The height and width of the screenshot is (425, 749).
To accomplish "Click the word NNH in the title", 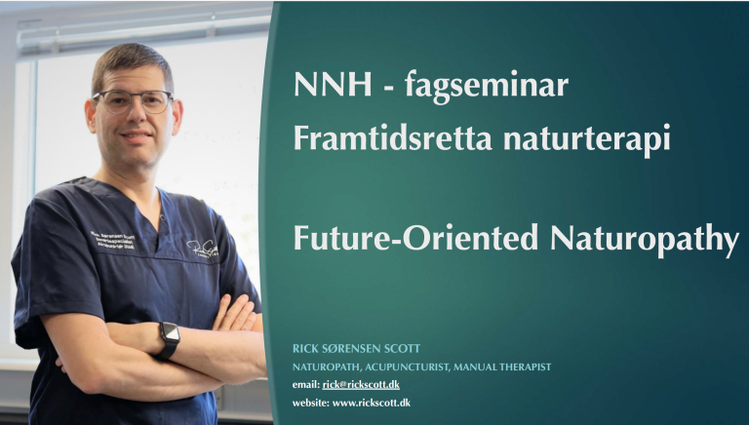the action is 333,85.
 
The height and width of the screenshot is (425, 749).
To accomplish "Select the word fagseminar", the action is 487,87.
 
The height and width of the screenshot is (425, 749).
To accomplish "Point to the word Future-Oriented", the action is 416,237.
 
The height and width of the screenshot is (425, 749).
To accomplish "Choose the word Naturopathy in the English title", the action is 645,240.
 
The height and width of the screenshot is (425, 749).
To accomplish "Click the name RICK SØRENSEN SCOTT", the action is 356,349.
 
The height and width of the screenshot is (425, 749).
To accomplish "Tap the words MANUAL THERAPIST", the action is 502,367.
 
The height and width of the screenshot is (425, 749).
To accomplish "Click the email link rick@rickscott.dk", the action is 361,385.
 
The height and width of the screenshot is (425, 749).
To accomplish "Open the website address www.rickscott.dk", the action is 372,403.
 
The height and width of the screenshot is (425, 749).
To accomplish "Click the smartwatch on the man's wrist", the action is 169,338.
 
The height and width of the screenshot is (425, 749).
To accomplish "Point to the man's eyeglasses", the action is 134,101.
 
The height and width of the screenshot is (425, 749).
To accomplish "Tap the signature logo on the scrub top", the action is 202,249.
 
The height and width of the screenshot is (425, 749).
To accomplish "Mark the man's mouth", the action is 137,137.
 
